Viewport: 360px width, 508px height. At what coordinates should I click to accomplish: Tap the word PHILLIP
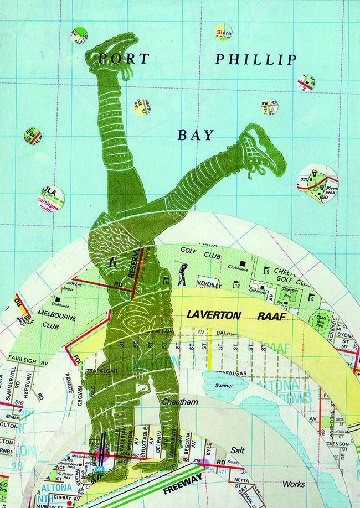[255, 59]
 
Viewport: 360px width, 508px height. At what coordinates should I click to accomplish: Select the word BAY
[196, 134]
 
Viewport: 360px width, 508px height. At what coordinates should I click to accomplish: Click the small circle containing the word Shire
[223, 32]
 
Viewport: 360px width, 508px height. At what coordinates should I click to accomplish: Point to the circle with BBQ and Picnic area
[318, 183]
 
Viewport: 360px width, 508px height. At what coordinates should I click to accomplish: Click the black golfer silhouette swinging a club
[182, 273]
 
